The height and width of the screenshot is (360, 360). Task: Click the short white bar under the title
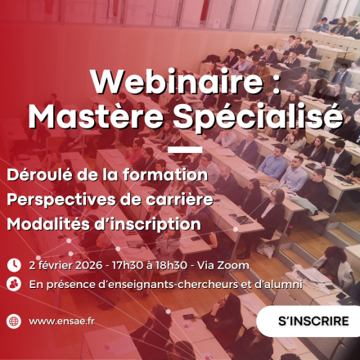[185, 151]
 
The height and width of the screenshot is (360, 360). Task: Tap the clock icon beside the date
[14, 265]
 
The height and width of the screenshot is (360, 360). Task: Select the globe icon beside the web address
[14, 322]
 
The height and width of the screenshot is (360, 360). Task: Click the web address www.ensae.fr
[61, 322]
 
